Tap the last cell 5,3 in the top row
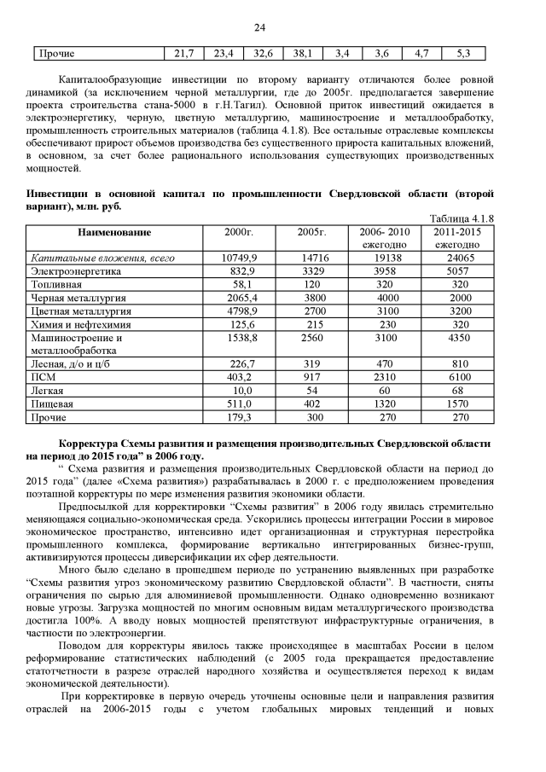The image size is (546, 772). (x=463, y=54)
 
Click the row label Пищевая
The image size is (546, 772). (x=52, y=404)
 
